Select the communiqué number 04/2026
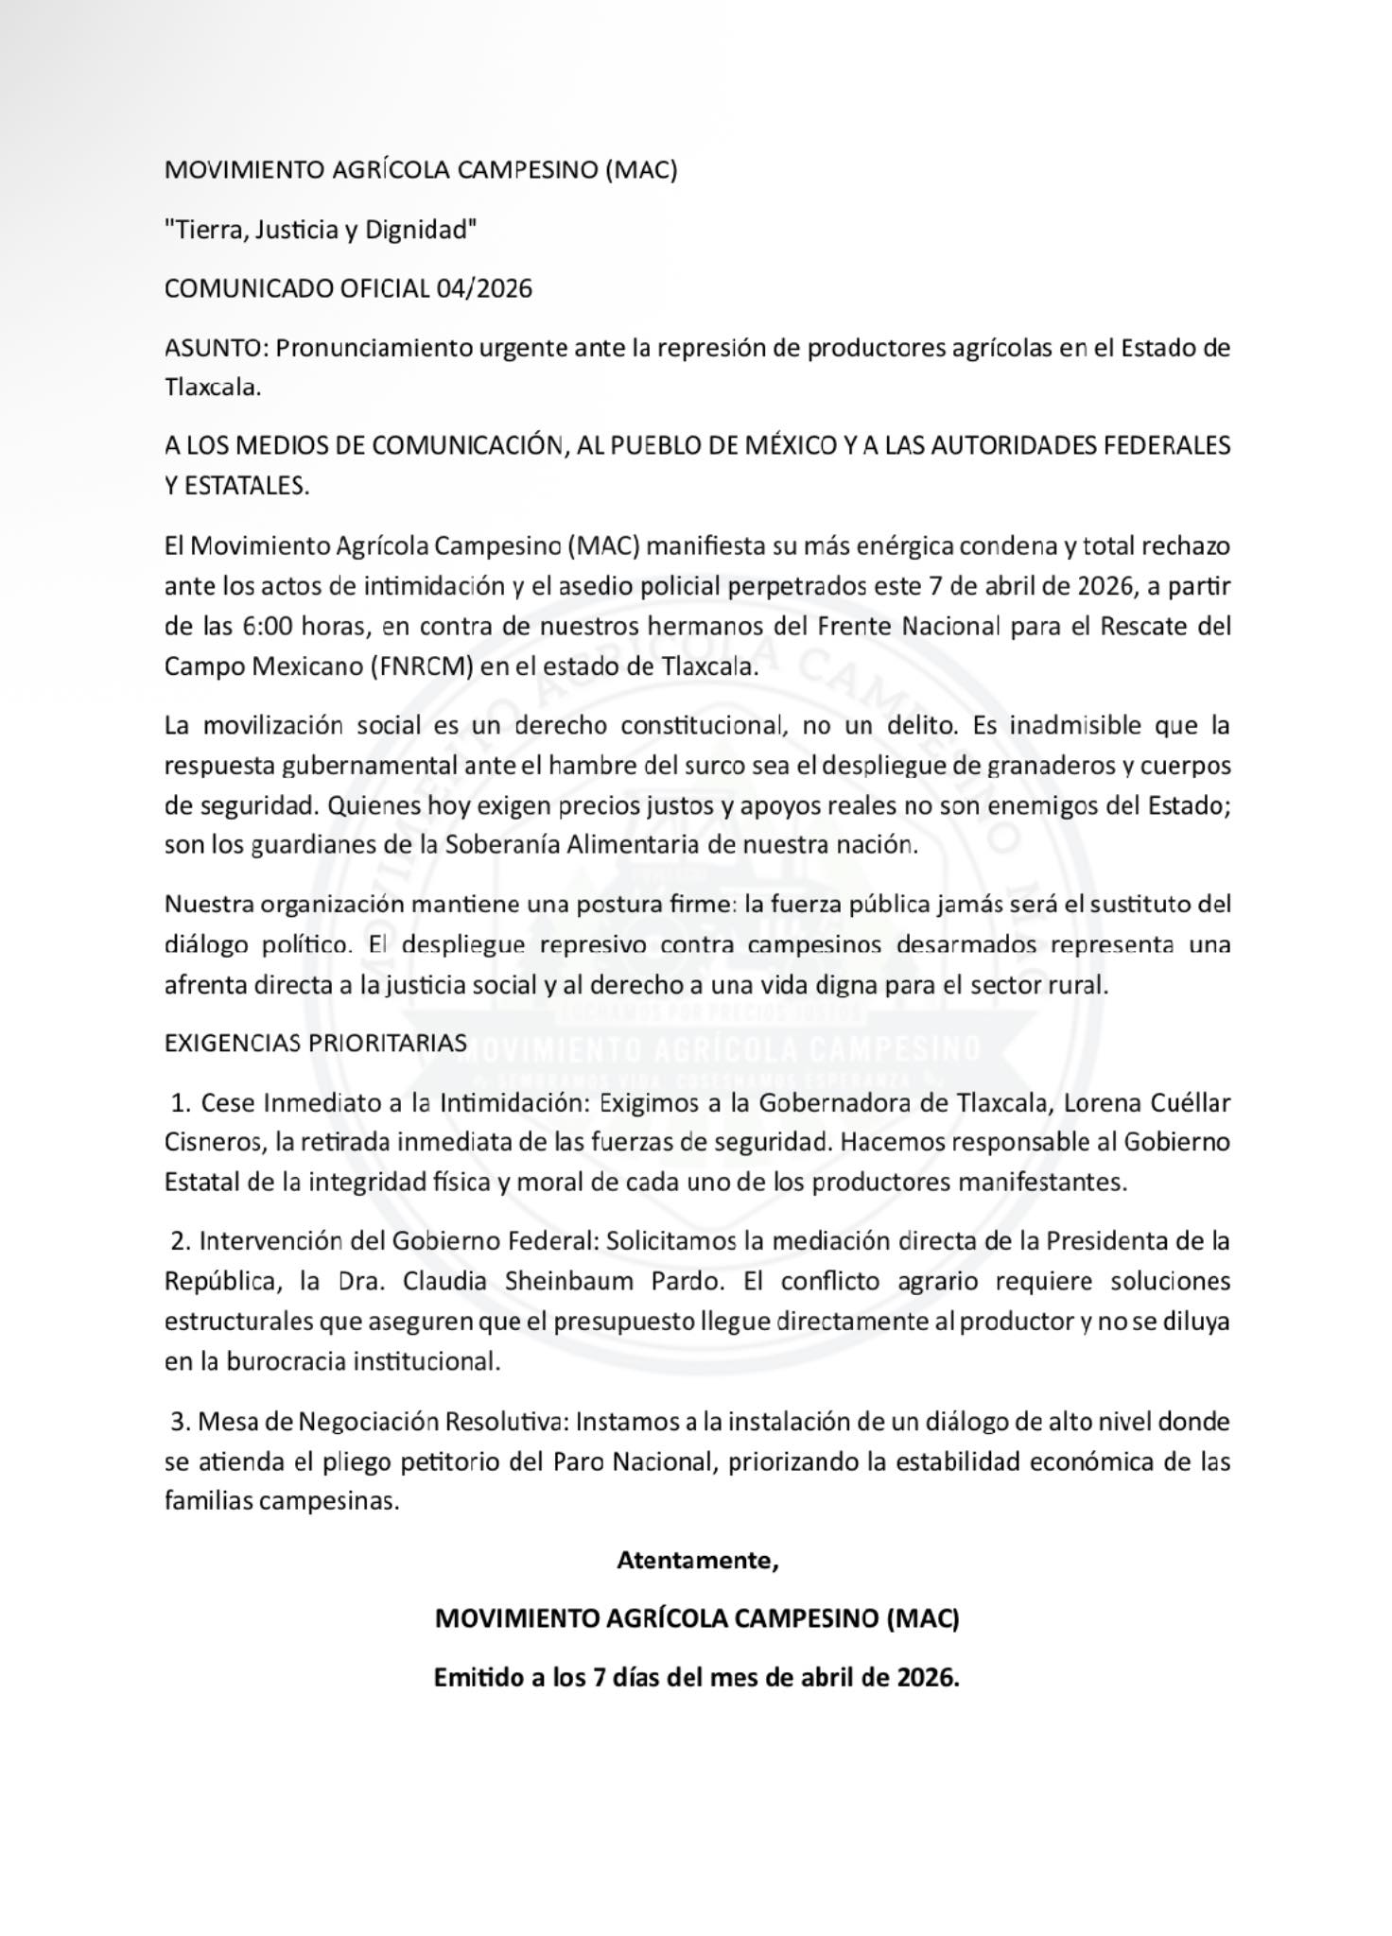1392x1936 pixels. (x=484, y=289)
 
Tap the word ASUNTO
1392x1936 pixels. (x=216, y=349)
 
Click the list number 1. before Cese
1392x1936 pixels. (x=183, y=1103)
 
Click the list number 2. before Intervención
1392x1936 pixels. (x=182, y=1241)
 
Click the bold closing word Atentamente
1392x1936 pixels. (x=696, y=1561)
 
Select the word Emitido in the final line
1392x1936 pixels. (x=478, y=1679)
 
